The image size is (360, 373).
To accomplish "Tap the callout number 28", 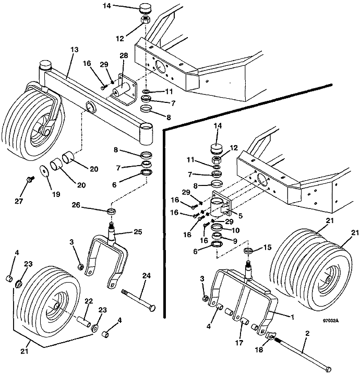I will [123, 55].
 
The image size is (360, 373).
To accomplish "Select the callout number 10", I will [236, 230].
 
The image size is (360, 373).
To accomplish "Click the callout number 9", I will [235, 241].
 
